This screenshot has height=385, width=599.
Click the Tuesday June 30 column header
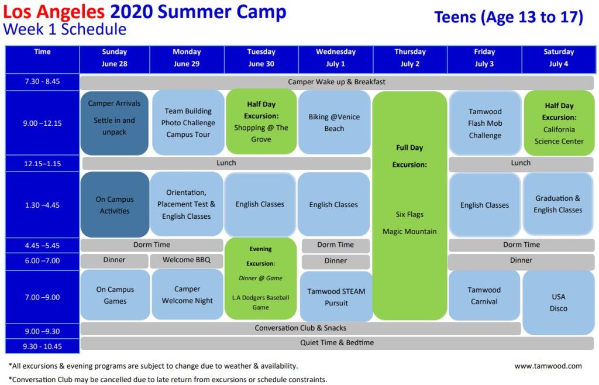[x=261, y=58]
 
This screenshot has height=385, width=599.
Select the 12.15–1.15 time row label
[x=42, y=163]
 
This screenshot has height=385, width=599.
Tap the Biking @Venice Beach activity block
[x=334, y=123]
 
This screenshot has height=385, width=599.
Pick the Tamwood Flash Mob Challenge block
[x=485, y=123]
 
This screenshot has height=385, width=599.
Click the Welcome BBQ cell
[x=187, y=260]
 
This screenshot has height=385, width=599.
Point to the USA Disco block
[x=559, y=302]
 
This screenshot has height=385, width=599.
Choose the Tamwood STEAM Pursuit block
[x=336, y=297]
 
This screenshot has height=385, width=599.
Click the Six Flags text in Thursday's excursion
[x=409, y=215]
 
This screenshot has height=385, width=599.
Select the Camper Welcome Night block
[x=187, y=294]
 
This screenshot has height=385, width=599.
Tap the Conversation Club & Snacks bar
[x=301, y=328]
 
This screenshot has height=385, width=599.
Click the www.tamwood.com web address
[x=548, y=366]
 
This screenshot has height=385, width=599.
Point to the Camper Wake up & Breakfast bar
[x=336, y=82]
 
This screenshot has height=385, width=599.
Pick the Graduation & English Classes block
[x=558, y=204]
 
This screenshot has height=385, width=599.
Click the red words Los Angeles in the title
[x=54, y=12]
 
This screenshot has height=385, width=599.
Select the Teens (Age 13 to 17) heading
[x=509, y=17]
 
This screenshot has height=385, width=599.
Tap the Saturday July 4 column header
[x=559, y=58]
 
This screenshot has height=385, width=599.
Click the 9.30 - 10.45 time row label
[x=42, y=346]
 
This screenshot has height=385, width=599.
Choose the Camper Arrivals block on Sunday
[x=115, y=123]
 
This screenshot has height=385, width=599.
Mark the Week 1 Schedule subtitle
[x=64, y=29]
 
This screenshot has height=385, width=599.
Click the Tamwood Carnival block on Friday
[x=484, y=295]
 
